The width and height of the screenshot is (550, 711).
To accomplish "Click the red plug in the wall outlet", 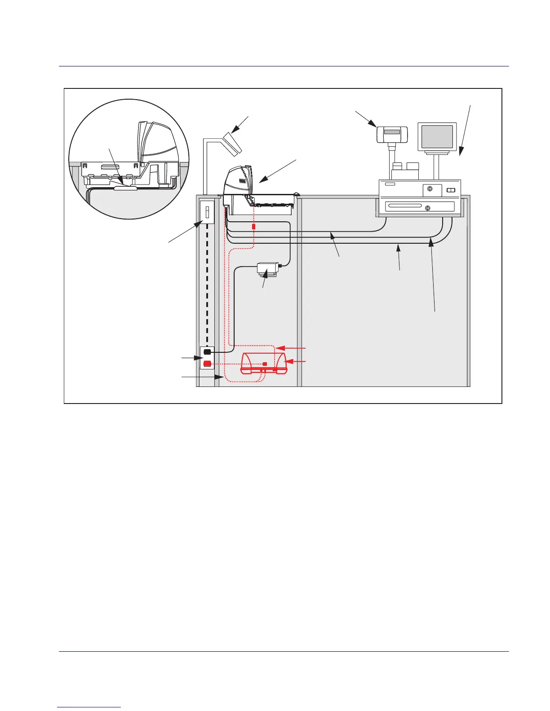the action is [207, 364].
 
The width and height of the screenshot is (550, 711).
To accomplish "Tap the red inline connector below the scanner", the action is [254, 227].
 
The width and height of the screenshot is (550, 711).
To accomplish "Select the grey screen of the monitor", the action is [437, 136].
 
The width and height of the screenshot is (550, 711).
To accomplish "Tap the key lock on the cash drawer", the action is [427, 208].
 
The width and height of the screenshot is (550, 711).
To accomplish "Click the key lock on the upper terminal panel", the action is [430, 189].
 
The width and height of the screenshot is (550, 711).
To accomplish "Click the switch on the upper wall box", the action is [207, 212].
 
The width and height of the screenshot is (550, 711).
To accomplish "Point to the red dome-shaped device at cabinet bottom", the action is [263, 362].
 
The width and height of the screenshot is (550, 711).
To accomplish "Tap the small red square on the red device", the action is [265, 364].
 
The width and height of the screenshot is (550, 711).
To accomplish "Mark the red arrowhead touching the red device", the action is [289, 361].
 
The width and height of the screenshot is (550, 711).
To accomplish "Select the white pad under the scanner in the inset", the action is [125, 189].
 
